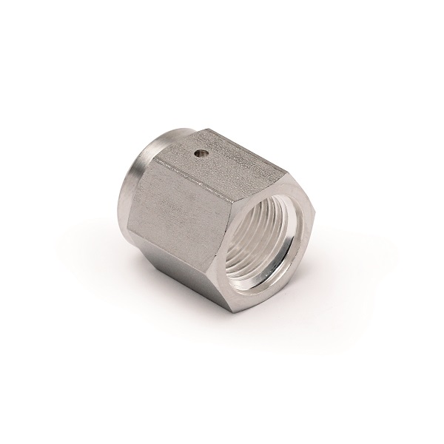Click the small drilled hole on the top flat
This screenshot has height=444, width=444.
coord(198,155)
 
